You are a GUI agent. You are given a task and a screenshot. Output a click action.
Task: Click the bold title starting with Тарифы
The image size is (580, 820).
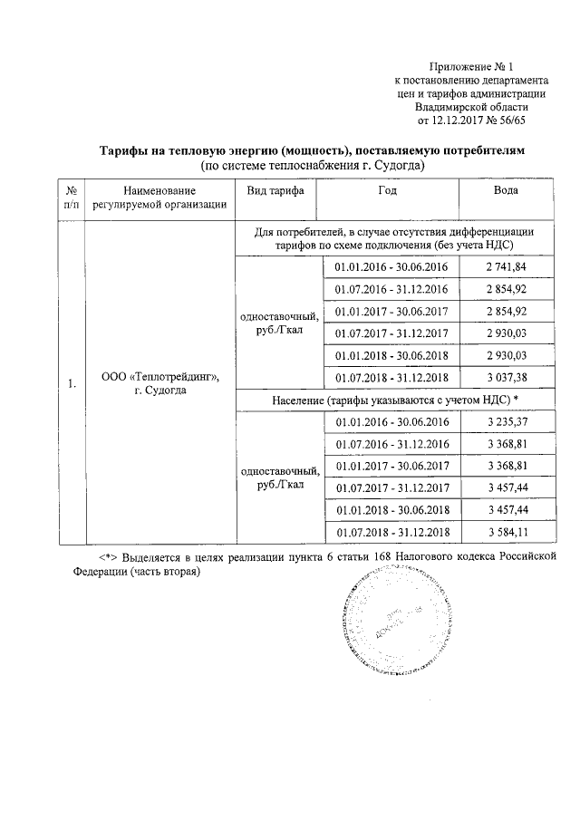point(311,149)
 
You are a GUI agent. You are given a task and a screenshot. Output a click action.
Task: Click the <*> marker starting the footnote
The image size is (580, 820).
point(110,555)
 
